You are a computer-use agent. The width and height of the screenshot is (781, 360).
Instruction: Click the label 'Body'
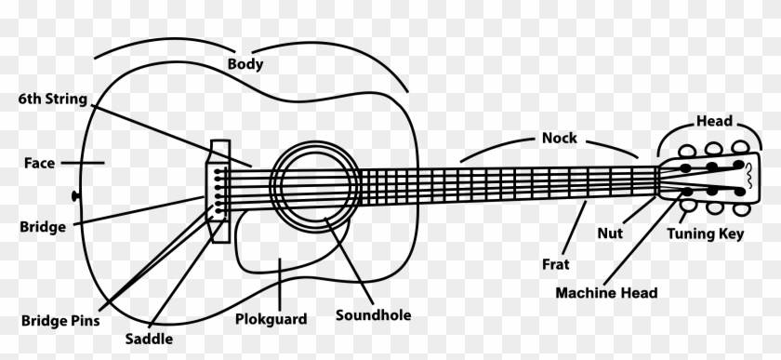pos(245,64)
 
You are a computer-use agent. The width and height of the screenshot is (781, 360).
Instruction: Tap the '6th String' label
pos(52,98)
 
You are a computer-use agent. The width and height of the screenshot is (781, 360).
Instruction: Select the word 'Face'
pos(39,163)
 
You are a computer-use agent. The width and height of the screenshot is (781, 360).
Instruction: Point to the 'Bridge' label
pos(42,226)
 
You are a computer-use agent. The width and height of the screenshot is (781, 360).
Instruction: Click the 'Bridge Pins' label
pos(60,320)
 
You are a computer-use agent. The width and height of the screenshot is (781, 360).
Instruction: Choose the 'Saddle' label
pos(149,340)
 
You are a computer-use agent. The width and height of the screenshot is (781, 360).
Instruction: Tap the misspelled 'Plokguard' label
pos(271,319)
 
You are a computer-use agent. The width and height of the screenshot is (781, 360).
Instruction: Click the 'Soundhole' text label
pos(373,314)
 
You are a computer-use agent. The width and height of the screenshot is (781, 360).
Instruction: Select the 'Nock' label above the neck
pos(559,138)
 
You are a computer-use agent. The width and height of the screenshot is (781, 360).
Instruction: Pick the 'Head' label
pos(714,121)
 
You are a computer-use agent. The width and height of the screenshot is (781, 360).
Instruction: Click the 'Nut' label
pos(610,233)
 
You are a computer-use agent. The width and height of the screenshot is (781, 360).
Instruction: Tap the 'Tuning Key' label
pos(705,235)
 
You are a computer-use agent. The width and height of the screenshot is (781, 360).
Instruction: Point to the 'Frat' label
pos(555,264)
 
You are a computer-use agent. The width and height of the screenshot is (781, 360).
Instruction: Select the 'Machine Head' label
pos(606,293)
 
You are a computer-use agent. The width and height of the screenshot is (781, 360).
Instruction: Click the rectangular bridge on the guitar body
pos(220,191)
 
